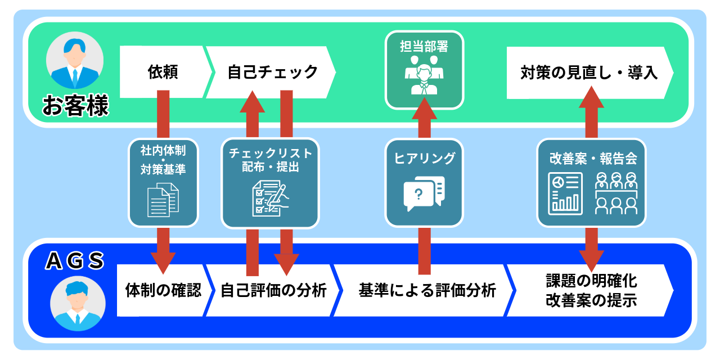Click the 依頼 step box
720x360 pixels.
[x=163, y=73]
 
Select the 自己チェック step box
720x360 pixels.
[x=272, y=73]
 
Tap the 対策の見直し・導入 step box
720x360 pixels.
[x=588, y=73]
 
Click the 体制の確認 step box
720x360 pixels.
[x=163, y=291]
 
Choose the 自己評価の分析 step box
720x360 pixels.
[x=273, y=291]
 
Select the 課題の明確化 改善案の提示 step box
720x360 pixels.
[x=591, y=291]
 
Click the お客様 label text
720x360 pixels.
[x=75, y=106]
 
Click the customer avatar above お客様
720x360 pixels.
[x=74, y=60]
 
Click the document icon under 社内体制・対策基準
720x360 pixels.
[x=163, y=200]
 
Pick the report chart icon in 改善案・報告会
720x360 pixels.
[x=565, y=193]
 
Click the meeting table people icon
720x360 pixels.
[x=616, y=193]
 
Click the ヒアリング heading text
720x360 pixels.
[x=424, y=159]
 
